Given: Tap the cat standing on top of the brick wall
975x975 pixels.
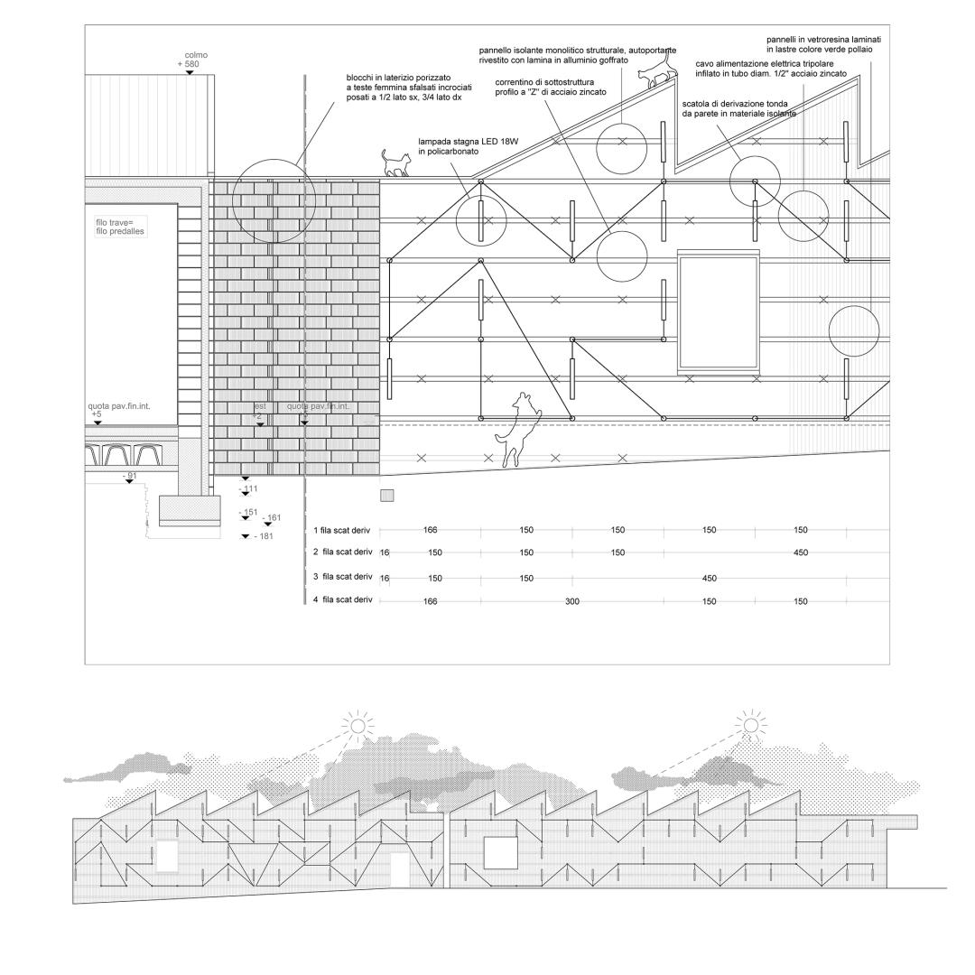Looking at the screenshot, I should [395, 163].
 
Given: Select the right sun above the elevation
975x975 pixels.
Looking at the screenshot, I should [749, 723].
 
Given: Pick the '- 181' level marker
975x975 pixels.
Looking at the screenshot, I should [264, 537].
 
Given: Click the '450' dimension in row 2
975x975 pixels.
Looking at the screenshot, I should [800, 552].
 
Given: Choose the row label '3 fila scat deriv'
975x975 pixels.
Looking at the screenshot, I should [342, 576].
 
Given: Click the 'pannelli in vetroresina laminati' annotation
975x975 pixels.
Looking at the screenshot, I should [822, 41].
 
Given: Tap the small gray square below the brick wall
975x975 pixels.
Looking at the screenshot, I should [387, 496].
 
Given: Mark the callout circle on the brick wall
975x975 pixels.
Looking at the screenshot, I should [274, 200].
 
